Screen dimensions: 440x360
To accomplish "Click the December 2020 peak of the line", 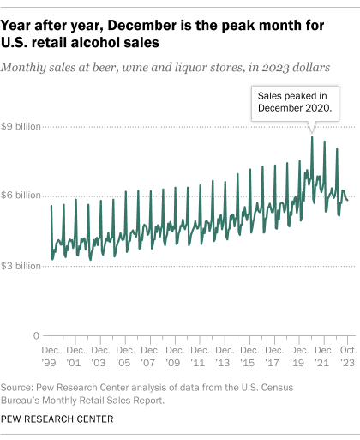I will click(x=312, y=137).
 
